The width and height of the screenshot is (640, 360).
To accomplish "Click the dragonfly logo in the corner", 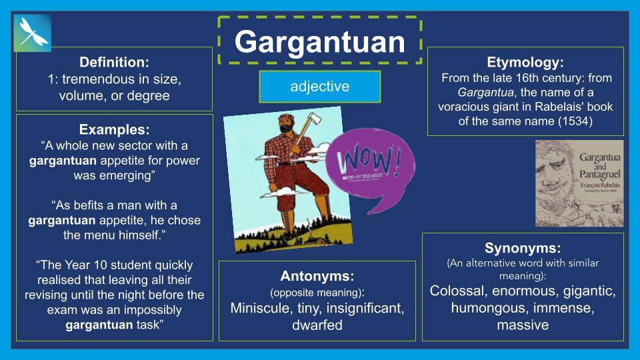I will pos(32,33).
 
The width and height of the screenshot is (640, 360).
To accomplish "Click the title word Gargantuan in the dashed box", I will pos(319,42).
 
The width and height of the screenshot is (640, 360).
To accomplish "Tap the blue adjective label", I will pos(319,87).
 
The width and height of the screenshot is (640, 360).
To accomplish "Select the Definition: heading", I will pos(114,63).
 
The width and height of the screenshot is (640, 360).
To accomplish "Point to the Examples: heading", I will pos(114,129).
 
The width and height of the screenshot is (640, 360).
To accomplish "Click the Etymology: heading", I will pos(525,63).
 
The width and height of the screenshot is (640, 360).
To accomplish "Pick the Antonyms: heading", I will pos(317,276).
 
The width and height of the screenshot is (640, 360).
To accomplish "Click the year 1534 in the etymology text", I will pos(576,121).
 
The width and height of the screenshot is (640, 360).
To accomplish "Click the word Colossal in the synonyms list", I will pos(460,291).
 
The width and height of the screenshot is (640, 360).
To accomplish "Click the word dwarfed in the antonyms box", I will pos(317,325).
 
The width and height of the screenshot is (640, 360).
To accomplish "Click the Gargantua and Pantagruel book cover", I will pos(579,183).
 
